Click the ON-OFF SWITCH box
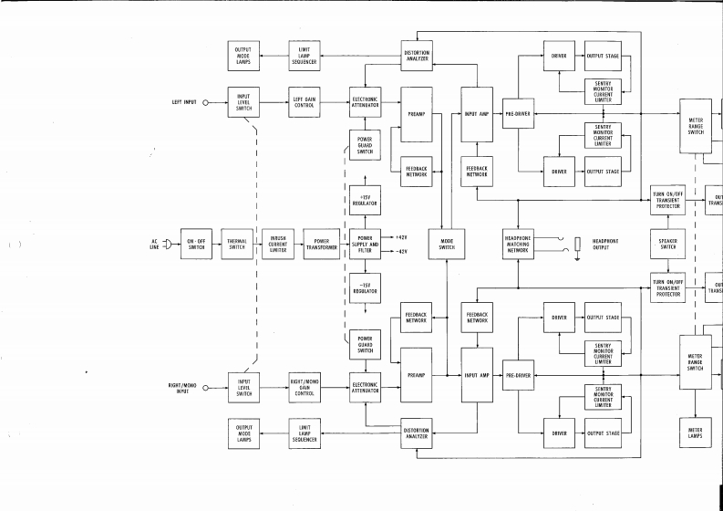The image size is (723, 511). pos(196,245)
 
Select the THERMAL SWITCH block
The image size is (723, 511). pos(238,245)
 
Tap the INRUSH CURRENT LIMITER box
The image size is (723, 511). pos(278,245)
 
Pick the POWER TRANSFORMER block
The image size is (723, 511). pos(322,245)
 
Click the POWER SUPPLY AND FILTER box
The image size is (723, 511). pos(365,245)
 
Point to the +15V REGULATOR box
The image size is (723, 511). pos(365,199)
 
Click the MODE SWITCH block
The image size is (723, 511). pos(447,245)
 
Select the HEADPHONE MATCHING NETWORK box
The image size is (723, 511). pos(518,245)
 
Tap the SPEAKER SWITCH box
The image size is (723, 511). pos(668,245)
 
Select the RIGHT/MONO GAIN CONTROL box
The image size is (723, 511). pos(304,389)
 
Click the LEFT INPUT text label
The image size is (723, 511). pos(184,103)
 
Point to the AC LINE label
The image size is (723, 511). pos(154,245)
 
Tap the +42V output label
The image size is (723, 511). pos(400,237)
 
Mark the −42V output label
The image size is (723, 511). pos(400,251)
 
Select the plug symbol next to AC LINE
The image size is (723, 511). pos(168,245)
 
